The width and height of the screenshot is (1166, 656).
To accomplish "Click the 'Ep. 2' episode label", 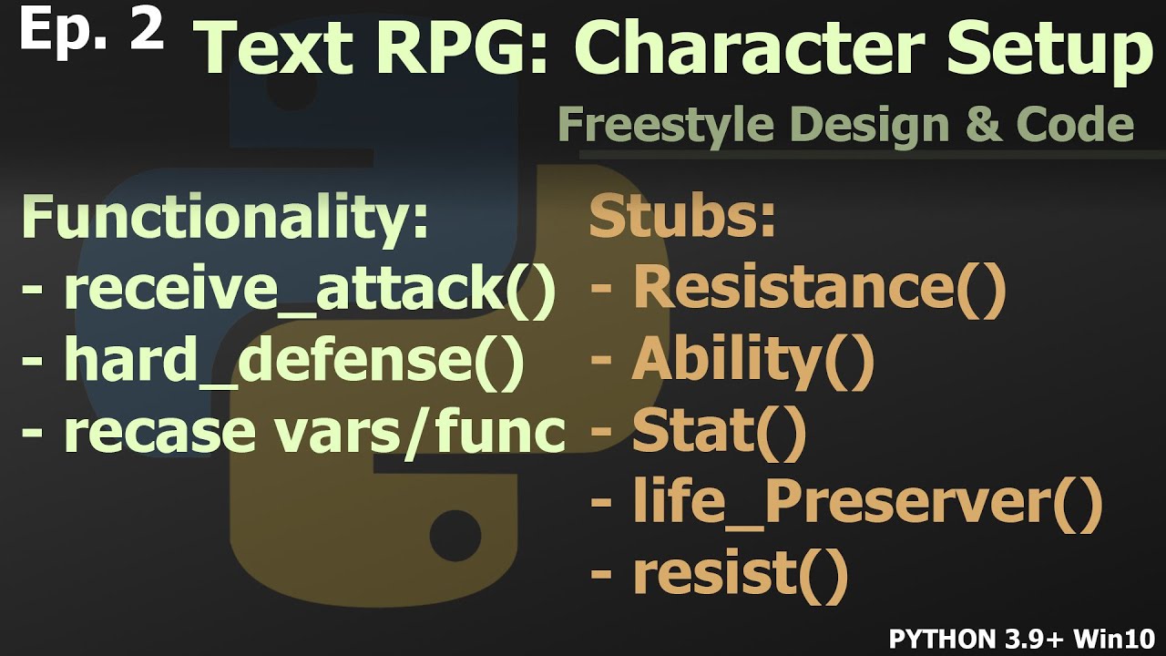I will (90, 29).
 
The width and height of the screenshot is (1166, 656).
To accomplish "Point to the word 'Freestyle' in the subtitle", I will (662, 125).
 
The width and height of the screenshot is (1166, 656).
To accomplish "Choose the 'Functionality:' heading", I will (224, 220).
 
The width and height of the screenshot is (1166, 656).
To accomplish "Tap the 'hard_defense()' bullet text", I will (293, 361).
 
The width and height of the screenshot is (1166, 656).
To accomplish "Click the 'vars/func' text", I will (427, 432).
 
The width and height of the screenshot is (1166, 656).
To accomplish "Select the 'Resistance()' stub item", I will (819, 289).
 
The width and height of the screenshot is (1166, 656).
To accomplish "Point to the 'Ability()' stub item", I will (752, 361).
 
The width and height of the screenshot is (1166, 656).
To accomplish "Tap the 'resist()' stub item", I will (740, 575).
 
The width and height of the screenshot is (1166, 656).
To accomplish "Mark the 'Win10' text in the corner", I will (1121, 636).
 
